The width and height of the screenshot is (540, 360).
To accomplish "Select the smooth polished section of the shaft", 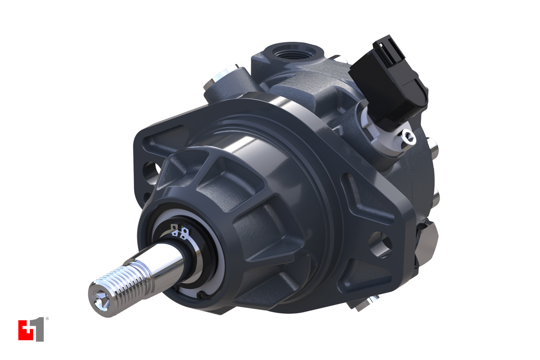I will click(x=164, y=263).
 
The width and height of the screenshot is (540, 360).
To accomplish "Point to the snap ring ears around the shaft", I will click(x=179, y=232).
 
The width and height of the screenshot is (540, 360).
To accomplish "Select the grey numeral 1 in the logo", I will click(x=39, y=330).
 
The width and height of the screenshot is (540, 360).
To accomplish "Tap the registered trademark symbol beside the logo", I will click(x=47, y=319).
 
